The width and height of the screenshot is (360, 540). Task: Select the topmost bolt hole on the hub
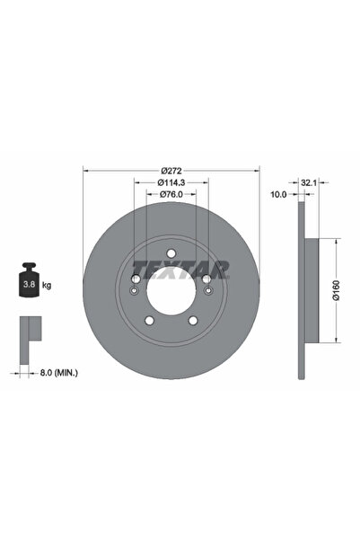coord(171,253)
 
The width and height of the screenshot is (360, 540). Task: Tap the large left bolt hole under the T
coord(136,279)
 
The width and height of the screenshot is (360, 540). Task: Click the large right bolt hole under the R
coord(206,279)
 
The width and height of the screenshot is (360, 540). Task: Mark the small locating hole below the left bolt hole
coord(134,290)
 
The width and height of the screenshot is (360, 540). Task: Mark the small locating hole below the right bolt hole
coord(207,290)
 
